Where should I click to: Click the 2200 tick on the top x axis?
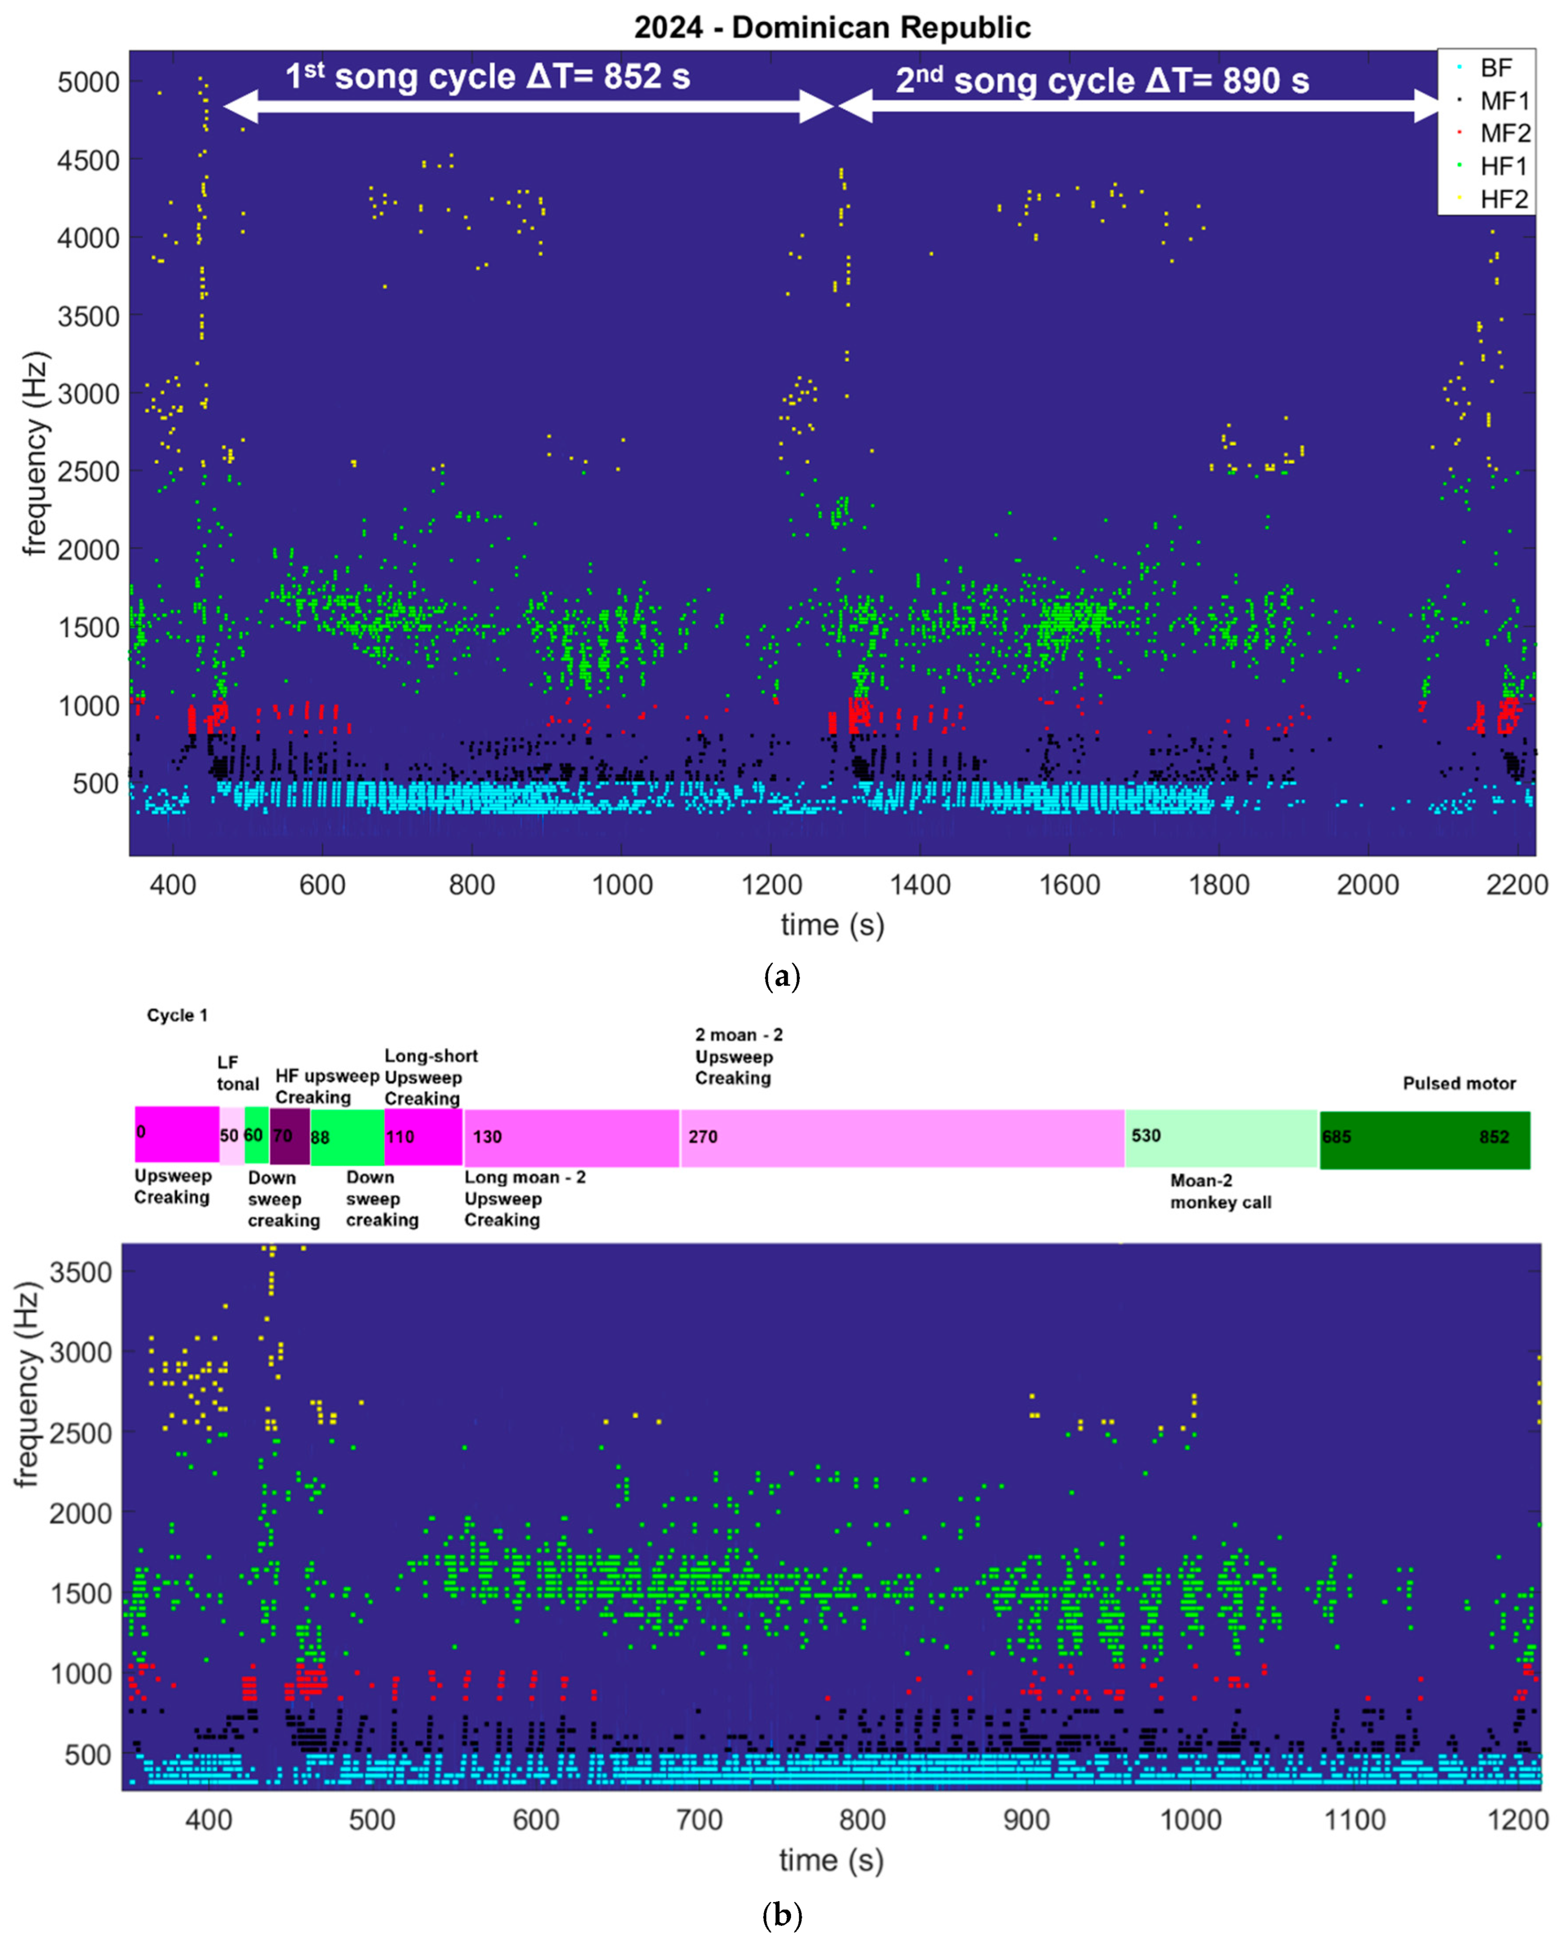pos(1517,885)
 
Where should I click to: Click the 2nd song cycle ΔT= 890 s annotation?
pos(1101,80)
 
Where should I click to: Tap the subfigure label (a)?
pos(781,976)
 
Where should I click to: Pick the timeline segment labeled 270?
pos(901,1137)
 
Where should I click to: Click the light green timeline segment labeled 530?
pos(1221,1137)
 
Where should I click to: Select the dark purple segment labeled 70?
pos(290,1136)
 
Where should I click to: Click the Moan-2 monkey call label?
pos(1220,1191)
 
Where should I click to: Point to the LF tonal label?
pos(237,1073)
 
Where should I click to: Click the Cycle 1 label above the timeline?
pos(177,1015)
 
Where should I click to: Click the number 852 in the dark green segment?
pos(1493,1137)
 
